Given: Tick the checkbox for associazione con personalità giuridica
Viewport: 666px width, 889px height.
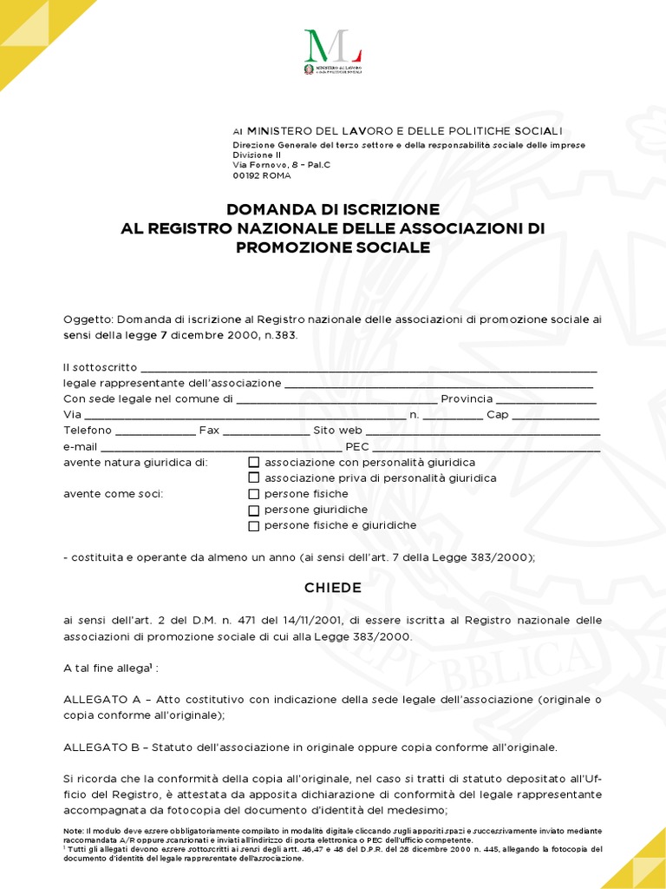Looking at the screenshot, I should [254, 463].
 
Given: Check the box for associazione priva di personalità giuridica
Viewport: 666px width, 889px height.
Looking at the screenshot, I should [254, 478].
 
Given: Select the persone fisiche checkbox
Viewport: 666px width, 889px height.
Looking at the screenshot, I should [254, 494].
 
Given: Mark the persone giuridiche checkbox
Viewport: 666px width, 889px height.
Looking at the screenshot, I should [254, 510].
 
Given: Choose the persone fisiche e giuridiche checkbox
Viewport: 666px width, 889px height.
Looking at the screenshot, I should [254, 526].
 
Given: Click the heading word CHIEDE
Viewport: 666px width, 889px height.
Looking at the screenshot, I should [332, 588].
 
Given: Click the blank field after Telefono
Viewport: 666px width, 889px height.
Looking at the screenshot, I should [155, 431].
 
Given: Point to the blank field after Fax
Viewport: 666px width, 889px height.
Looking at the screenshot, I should [265, 431].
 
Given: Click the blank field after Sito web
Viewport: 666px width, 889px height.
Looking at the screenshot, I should [483, 431].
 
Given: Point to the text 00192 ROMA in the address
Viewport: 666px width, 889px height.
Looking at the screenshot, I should [262, 175].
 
